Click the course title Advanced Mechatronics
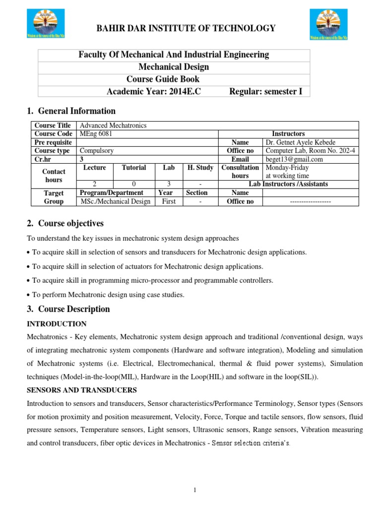[113, 126]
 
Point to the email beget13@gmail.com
[294, 159]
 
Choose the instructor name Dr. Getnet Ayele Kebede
[301, 142]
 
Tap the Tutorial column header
[133, 168]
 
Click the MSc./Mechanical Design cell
[115, 201]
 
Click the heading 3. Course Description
[68, 309]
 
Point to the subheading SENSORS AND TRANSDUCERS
[81, 390]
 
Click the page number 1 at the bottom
[195, 490]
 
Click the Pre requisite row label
[53, 142]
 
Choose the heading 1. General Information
[70, 111]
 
